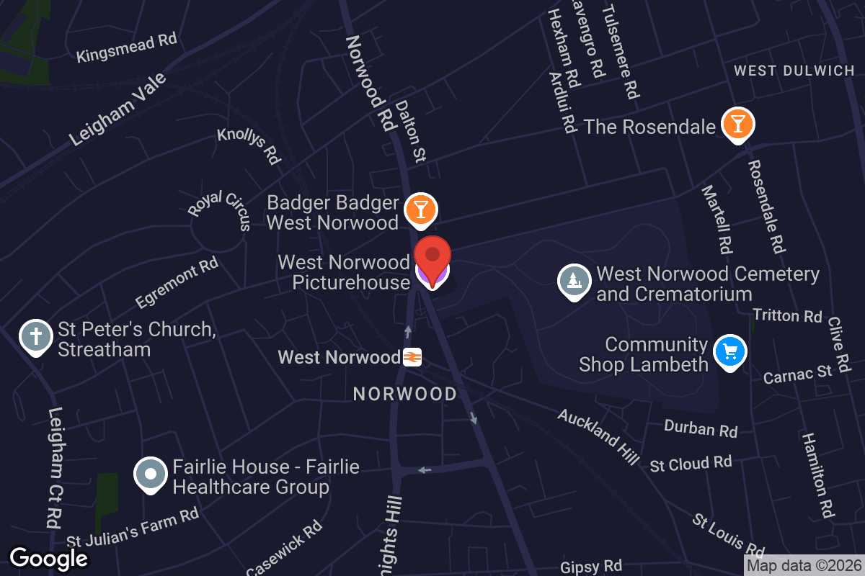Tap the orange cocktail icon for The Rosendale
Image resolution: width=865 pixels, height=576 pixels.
coord(737,125)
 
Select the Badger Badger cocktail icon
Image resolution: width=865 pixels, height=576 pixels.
coord(420,210)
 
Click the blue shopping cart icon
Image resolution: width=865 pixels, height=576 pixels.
coord(729,352)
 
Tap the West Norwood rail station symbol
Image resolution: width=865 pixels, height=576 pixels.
coord(412,357)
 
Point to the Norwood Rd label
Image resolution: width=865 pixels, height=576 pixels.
coord(372,83)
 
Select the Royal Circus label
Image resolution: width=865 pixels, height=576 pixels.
coord(220,209)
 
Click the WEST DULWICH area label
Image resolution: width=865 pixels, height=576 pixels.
coord(794,71)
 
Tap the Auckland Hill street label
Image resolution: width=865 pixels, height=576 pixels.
coord(598,436)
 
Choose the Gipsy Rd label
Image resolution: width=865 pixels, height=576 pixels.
coord(591,567)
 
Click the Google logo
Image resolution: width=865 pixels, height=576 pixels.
coord(49,558)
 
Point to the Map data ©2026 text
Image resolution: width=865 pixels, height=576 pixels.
coord(804,565)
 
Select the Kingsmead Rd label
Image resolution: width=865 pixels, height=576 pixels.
coord(127,48)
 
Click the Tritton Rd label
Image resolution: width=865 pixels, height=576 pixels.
coord(787,315)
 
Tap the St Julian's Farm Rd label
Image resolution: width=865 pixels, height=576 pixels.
coord(133,527)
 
